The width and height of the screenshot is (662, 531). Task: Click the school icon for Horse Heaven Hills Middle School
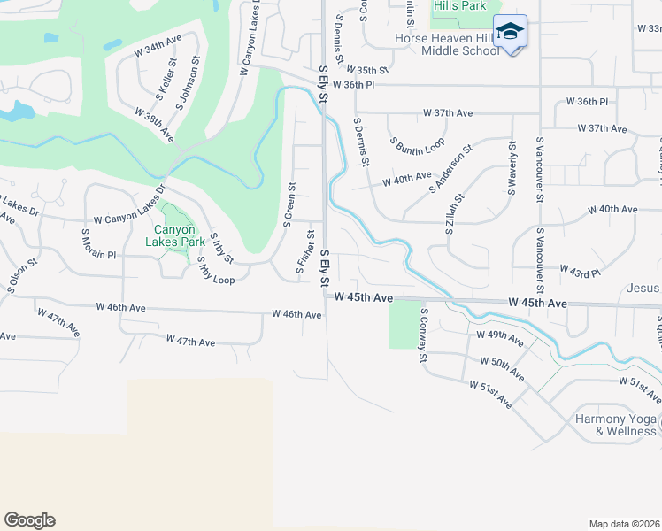[510, 32]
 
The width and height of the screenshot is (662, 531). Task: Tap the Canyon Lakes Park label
[174, 234]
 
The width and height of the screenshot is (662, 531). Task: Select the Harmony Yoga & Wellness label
[615, 425]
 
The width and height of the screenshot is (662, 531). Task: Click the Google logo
[29, 520]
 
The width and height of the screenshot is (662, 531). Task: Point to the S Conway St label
[424, 335]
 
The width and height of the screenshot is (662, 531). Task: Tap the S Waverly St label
[512, 168]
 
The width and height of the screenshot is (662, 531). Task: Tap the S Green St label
[289, 204]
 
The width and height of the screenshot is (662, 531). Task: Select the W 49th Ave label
[499, 338]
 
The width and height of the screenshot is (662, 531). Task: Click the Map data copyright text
[624, 524]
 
